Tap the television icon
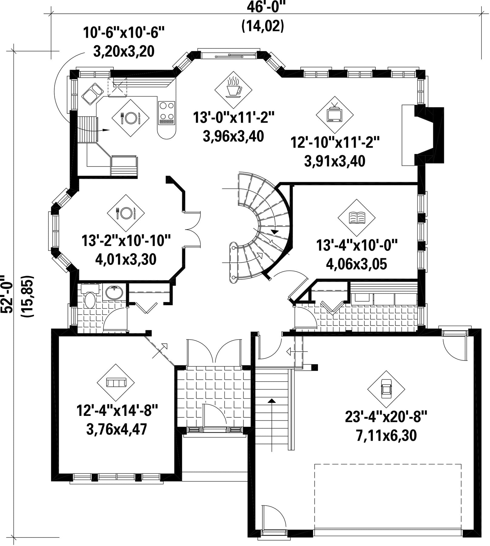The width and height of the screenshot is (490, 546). [335, 114]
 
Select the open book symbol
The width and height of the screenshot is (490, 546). [357, 218]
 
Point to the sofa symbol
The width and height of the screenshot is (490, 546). [115, 383]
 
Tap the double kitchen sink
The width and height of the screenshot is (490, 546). [92, 94]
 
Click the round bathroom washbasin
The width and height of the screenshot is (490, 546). [114, 292]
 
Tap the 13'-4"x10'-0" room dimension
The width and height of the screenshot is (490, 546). [357, 245]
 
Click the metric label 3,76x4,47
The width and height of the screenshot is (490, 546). [117, 429]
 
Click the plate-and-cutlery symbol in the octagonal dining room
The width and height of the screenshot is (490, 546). [126, 213]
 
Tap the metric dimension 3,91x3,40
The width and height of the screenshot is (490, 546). [335, 161]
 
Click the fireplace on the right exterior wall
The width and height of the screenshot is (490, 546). [423, 135]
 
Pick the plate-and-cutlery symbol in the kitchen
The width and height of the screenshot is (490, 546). [130, 118]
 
